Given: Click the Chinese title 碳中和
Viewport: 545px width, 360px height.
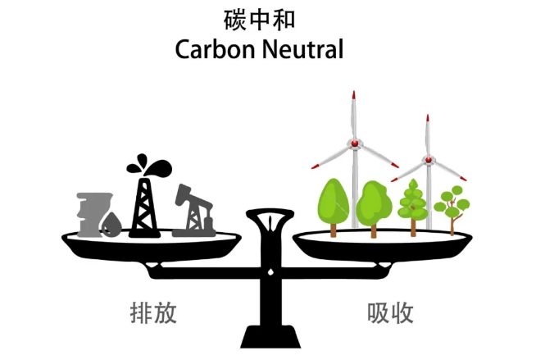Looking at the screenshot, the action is [x=259, y=20].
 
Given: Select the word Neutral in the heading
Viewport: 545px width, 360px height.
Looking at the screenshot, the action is [x=302, y=49].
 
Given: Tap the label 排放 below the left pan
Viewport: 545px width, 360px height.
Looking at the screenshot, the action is [x=153, y=313].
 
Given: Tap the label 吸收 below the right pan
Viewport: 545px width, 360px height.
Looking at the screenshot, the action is [x=390, y=313].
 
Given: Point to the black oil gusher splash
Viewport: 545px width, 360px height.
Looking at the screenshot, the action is [x=149, y=165].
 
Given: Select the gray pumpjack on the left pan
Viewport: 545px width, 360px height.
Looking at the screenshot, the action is [x=193, y=212].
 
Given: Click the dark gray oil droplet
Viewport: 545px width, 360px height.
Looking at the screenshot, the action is [x=111, y=225].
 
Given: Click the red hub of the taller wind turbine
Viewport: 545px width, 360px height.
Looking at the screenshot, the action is [x=355, y=143].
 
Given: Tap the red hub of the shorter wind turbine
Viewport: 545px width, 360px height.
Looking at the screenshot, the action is [x=428, y=160].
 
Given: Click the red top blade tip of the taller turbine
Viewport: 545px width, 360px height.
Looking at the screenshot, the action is [x=354, y=95].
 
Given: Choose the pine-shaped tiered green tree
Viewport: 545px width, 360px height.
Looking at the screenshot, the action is [x=413, y=207].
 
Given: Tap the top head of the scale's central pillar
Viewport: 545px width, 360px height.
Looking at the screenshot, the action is [x=270, y=214].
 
